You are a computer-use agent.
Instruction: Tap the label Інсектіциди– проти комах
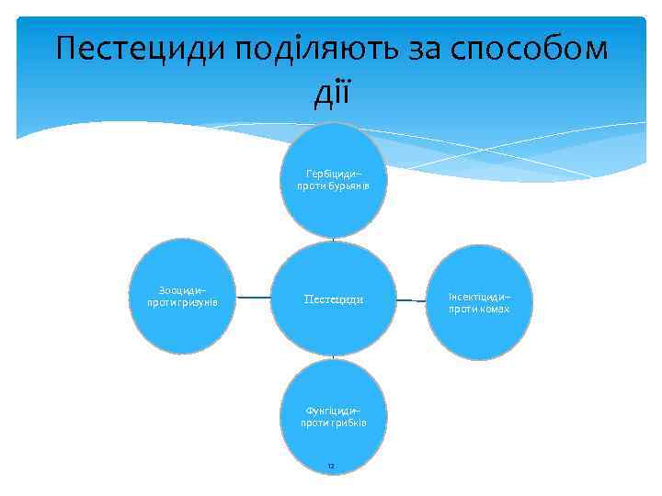[x=479, y=303]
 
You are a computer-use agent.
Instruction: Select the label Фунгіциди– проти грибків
[x=333, y=417]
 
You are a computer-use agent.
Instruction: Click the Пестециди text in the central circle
[x=333, y=299]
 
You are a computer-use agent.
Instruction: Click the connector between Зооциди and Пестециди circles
[x=253, y=297]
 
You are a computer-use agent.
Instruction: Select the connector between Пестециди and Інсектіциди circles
[x=413, y=299]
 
